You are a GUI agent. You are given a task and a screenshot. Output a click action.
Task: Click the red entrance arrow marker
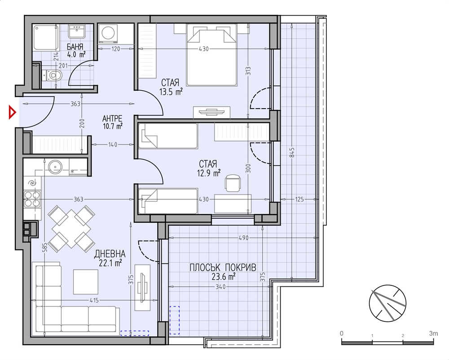12,113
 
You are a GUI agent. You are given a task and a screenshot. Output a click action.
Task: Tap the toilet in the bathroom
52,75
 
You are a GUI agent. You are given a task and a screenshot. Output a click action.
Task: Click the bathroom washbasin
76,31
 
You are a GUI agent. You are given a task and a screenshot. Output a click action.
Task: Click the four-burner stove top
32,199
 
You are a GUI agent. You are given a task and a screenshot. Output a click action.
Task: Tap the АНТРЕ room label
112,118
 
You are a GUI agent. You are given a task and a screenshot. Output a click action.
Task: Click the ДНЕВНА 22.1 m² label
110,258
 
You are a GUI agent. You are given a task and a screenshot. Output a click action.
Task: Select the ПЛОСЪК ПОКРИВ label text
223,268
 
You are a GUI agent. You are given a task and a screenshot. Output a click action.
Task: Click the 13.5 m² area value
171,92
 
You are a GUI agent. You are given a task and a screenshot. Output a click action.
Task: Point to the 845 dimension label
292,152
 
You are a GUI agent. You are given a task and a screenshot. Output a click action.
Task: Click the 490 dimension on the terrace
243,238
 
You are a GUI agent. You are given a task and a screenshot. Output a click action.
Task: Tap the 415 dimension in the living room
94,300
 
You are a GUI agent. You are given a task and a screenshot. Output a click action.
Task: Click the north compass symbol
387,303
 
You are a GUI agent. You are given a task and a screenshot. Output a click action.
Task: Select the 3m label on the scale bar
434,334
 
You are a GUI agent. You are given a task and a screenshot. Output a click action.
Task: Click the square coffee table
86,282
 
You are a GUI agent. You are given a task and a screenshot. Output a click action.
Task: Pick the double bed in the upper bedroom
212,55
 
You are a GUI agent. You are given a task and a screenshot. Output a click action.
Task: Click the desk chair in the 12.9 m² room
233,183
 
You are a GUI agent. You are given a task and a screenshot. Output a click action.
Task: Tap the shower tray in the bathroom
46,38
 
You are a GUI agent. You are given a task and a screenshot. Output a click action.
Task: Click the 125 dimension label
299,199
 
